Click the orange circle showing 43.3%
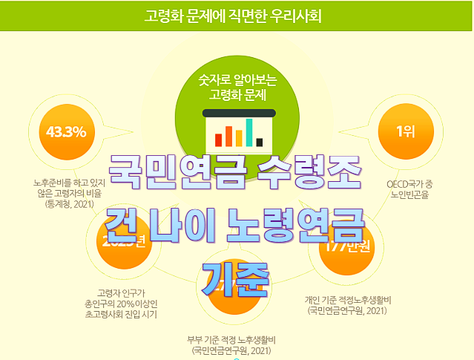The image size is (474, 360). point(66,133)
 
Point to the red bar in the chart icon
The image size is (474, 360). point(219,138)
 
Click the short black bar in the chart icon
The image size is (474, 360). point(260,141)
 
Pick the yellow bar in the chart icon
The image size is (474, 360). point(239,134)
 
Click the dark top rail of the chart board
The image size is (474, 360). point(238,113)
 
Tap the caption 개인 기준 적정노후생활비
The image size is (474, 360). point(347,299)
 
